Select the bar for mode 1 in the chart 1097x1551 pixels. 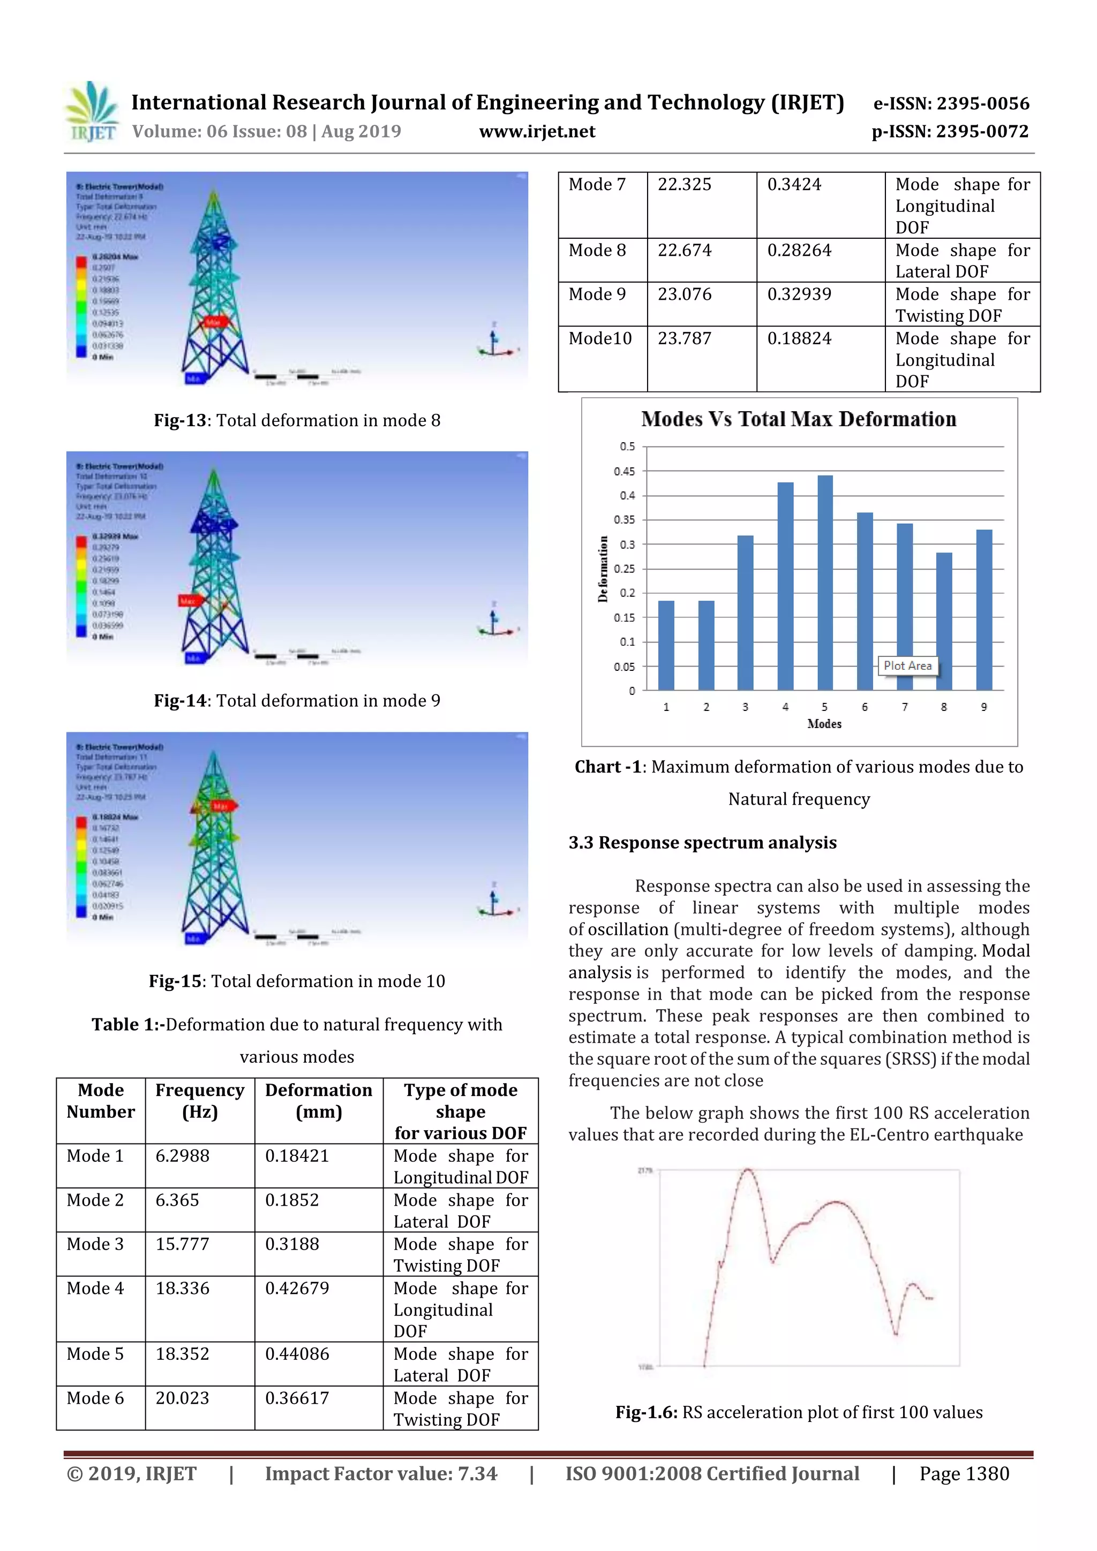click(666, 645)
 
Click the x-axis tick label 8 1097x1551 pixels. click(944, 707)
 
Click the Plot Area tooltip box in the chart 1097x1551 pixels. click(907, 665)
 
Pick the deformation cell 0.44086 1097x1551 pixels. click(297, 1354)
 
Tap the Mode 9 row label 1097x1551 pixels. click(597, 294)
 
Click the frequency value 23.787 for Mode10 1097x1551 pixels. click(684, 338)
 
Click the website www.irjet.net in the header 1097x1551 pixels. click(537, 132)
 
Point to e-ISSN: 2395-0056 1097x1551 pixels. click(951, 103)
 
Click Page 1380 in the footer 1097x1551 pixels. click(964, 1473)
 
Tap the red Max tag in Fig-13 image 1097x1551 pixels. click(213, 322)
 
